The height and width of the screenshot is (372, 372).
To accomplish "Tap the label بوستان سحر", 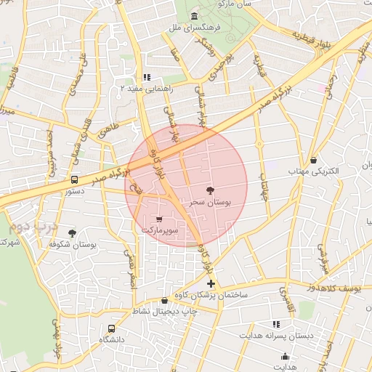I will (210, 203).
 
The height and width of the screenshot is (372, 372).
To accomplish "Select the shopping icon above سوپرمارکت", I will (159, 218).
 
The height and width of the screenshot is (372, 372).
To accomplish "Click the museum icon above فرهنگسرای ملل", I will (193, 17).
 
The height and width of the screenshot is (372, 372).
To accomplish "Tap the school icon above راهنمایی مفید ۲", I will (146, 77).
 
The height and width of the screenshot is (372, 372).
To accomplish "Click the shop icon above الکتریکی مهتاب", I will (313, 160).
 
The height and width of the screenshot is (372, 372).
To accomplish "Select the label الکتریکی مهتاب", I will (314, 171).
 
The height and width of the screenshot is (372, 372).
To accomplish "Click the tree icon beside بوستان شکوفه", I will (72, 232).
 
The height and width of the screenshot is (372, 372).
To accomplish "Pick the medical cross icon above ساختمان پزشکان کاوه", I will (211, 283).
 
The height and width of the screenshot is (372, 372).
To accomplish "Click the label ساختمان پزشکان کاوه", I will (211, 296).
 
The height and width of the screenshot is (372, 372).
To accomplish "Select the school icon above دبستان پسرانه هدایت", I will (276, 324).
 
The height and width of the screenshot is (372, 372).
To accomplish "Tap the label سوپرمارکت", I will (159, 230).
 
